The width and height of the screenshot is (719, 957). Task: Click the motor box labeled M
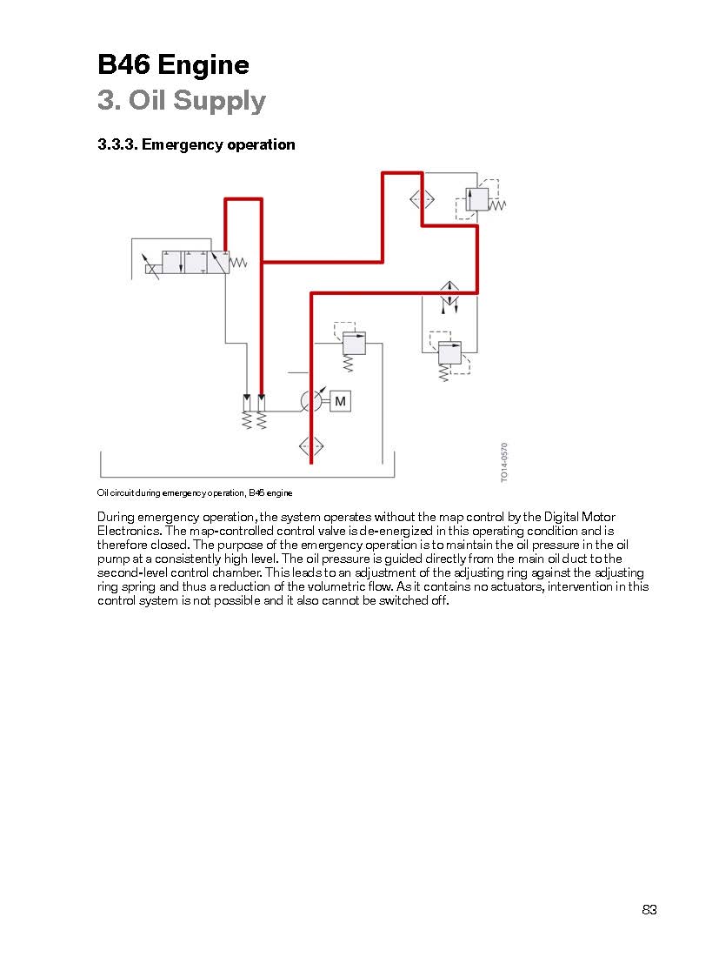point(340,401)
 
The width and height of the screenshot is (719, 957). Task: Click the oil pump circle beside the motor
point(311,401)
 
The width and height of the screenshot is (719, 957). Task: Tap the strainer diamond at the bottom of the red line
point(311,446)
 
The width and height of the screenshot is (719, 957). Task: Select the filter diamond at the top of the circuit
point(422,199)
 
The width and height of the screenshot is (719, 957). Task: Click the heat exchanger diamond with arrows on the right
point(449,293)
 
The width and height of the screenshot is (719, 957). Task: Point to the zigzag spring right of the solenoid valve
point(238,263)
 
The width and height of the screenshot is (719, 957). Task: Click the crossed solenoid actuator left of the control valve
point(150,268)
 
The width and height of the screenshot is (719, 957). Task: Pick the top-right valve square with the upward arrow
point(477,199)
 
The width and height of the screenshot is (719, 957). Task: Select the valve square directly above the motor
point(354,343)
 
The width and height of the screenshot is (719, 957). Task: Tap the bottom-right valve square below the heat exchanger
point(449,352)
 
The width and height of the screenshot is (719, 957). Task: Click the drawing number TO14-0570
point(504,462)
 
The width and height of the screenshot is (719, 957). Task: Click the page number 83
point(649,909)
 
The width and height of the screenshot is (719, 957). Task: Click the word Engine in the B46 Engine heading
point(203,65)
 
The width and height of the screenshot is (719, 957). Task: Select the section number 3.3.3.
point(117,144)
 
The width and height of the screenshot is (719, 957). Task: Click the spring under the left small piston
point(247,420)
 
